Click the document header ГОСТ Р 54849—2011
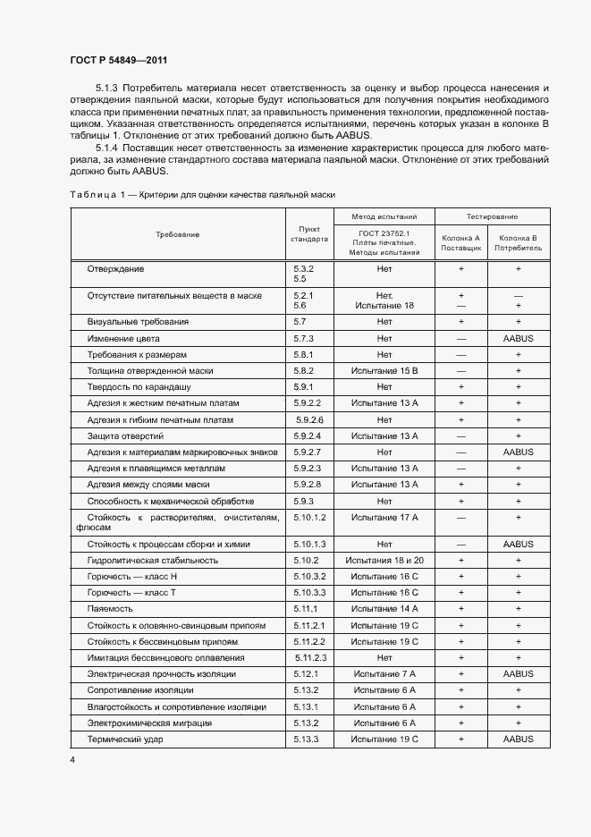click(119, 59)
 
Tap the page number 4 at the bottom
click(72, 759)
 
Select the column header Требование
click(177, 234)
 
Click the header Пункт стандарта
click(309, 234)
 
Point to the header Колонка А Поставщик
click(461, 242)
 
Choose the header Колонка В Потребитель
click(518, 242)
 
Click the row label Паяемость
click(111, 608)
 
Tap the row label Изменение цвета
click(123, 339)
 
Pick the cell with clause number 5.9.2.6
click(308, 419)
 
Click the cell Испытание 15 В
click(384, 370)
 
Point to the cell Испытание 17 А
click(384, 518)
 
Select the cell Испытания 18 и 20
click(384, 560)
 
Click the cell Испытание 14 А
click(384, 608)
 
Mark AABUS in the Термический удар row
click(518, 740)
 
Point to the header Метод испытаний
click(384, 217)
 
